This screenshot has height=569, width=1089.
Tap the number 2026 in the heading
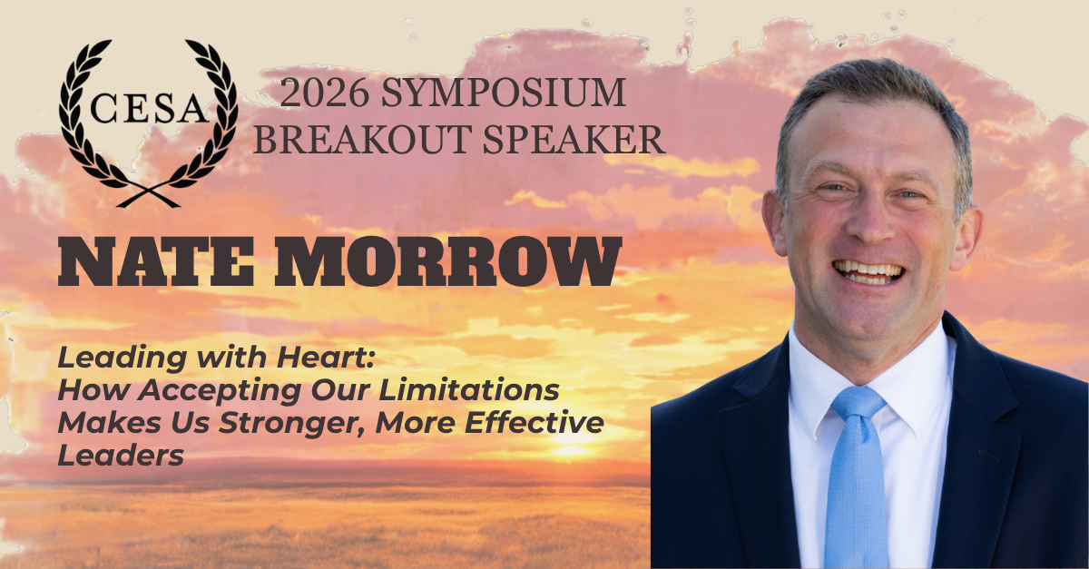pos(324,93)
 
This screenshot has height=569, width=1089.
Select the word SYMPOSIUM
pos(503,93)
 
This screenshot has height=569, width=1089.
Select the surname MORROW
pos(448,261)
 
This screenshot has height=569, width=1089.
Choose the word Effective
pos(535,422)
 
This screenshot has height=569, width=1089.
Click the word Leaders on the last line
pos(121,456)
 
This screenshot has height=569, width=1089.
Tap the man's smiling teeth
pos(868,272)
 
